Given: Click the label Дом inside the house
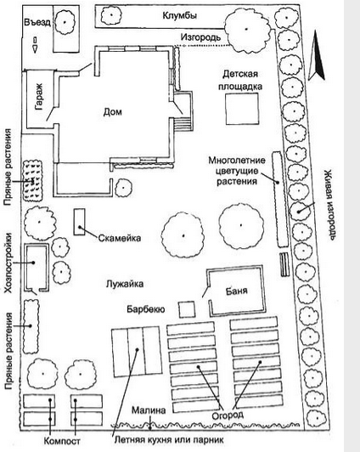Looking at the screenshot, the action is pyautogui.click(x=113, y=111).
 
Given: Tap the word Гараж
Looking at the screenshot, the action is pyautogui.click(x=39, y=97).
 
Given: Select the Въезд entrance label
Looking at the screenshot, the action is pyautogui.click(x=37, y=22).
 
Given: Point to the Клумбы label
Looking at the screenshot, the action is pyautogui.click(x=180, y=15).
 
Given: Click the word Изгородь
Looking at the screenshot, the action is pyautogui.click(x=200, y=37).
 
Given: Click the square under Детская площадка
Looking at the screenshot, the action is pyautogui.click(x=242, y=109).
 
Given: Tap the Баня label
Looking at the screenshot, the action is pyautogui.click(x=236, y=291).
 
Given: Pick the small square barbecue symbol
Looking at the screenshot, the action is pyautogui.click(x=187, y=309).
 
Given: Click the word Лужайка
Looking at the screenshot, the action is pyautogui.click(x=125, y=284).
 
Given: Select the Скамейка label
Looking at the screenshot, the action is pyautogui.click(x=120, y=238).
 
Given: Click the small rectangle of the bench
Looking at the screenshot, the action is pyautogui.click(x=79, y=222).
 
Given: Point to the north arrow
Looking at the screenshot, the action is pyautogui.click(x=317, y=54).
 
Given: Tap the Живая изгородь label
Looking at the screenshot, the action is pyautogui.click(x=329, y=206).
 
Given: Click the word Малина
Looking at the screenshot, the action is pyautogui.click(x=149, y=410).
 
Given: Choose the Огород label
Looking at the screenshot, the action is pyautogui.click(x=228, y=415).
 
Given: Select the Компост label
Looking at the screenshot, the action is pyautogui.click(x=62, y=441).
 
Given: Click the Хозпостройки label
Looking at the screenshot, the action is pyautogui.click(x=8, y=263).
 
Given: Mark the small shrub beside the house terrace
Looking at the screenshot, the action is pyautogui.click(x=124, y=188).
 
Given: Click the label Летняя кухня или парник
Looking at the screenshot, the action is pyautogui.click(x=169, y=440).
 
